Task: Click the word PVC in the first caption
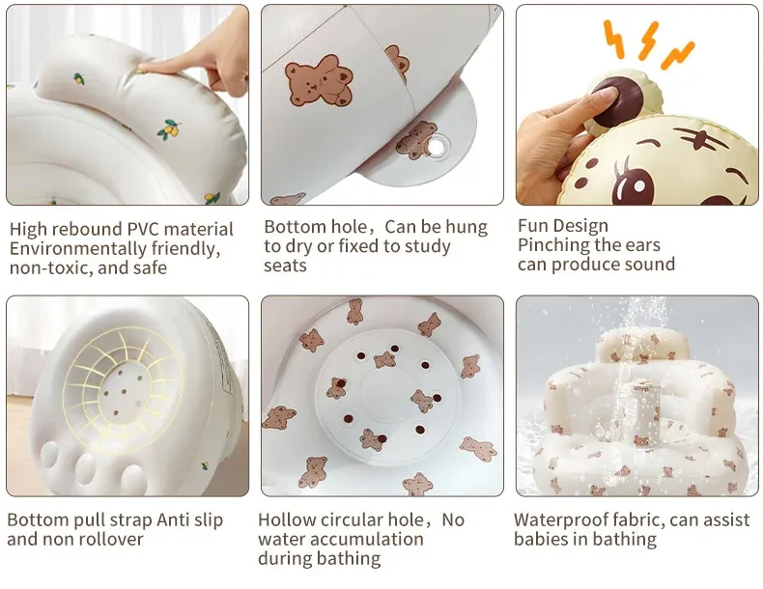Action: click(x=146, y=229)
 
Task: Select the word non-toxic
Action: click(x=43, y=268)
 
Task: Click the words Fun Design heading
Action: click(x=563, y=226)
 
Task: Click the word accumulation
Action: click(x=368, y=539)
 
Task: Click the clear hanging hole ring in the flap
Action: click(x=437, y=146)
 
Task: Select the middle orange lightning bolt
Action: click(x=649, y=41)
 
